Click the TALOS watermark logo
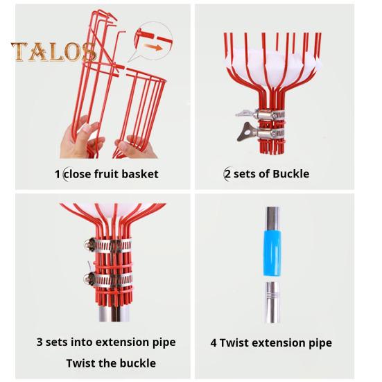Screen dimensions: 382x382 tap(53, 51)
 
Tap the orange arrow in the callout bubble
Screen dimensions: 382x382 tap(153, 46)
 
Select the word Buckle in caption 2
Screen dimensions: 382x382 tap(291, 174)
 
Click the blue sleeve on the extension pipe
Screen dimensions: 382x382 tap(272, 253)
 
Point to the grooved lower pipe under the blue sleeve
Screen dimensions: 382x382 tap(272, 302)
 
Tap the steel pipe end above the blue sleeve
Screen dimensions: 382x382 tap(272, 219)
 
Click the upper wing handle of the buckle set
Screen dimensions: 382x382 tap(245, 113)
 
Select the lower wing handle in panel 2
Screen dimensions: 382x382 tap(247, 132)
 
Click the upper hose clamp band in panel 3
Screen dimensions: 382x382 tap(110, 245)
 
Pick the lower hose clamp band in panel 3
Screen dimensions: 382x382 tap(109, 279)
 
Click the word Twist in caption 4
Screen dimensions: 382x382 tap(234, 342)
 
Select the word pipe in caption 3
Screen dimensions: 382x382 tap(164, 342)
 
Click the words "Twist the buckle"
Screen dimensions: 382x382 tap(111, 363)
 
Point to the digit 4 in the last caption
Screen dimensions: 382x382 tap(214, 342)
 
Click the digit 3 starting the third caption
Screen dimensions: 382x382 tap(40, 342)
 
